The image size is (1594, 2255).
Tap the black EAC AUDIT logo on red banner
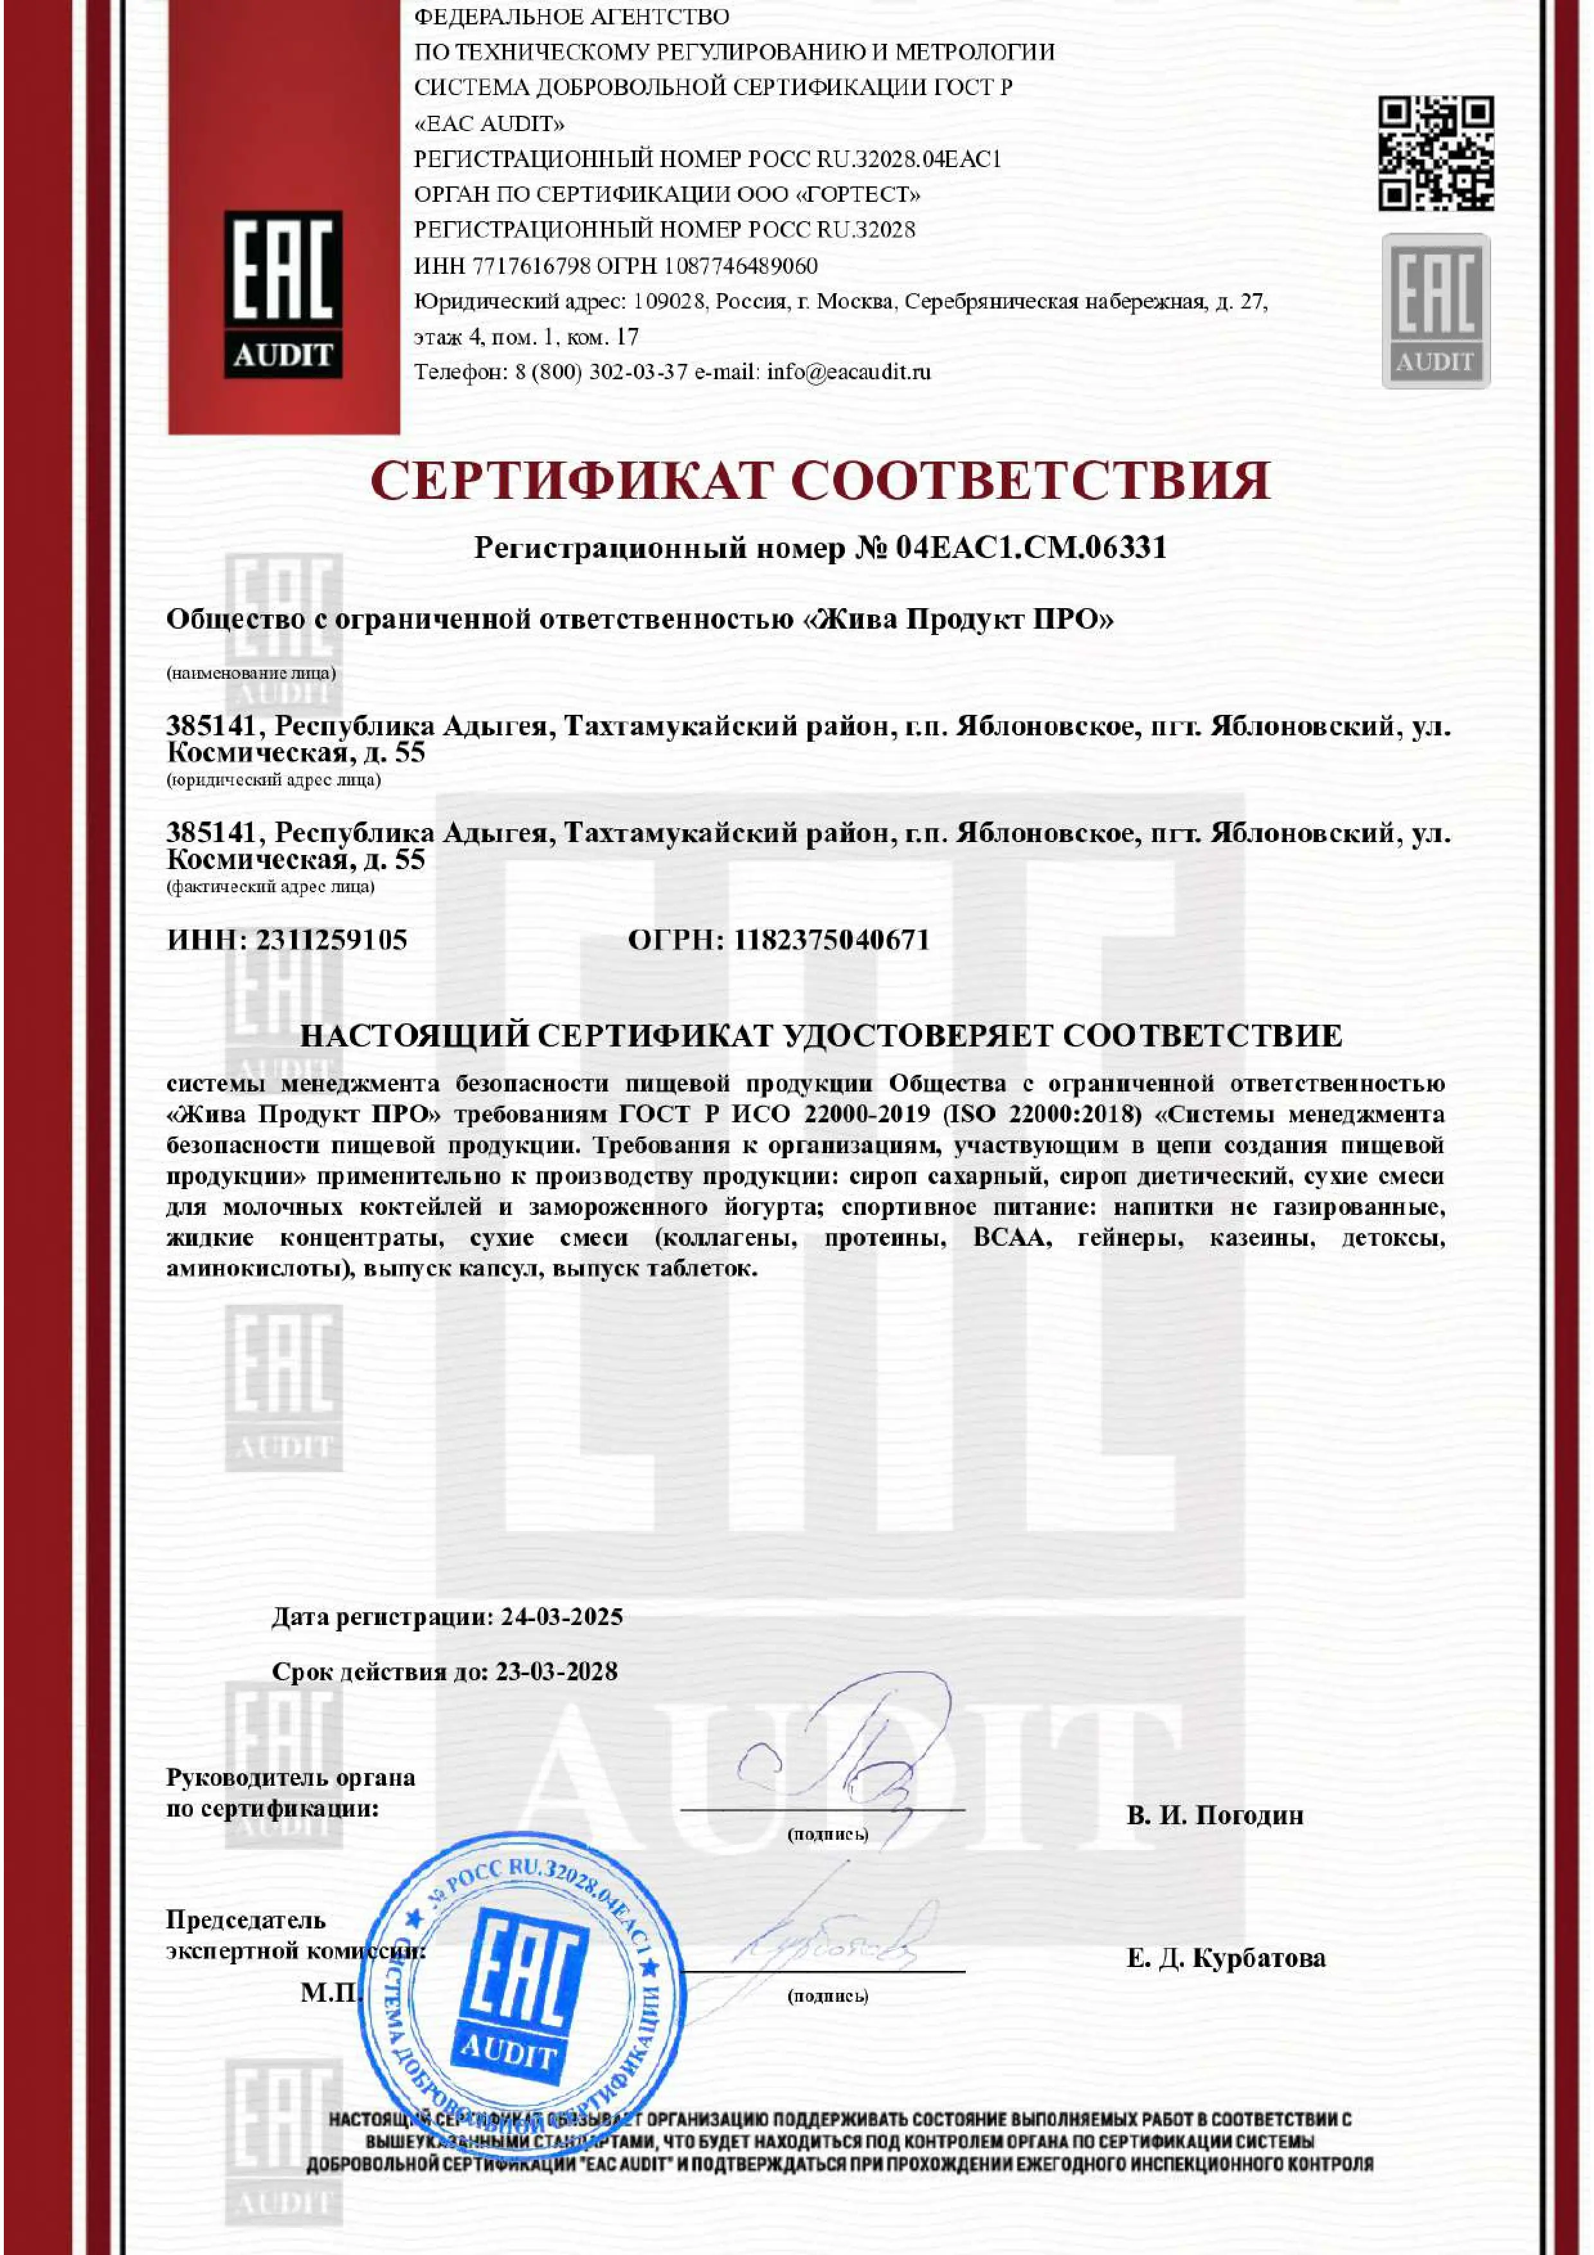coord(283,294)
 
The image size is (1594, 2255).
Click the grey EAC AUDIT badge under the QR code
coord(1435,310)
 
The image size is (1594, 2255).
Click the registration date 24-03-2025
coord(562,1617)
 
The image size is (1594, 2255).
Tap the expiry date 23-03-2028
coord(556,1671)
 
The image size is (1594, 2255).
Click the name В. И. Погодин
coord(1215,1815)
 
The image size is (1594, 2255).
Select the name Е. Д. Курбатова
coord(1226,1957)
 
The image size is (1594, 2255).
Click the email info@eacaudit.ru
coord(849,372)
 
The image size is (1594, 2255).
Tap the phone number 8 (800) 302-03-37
coord(601,372)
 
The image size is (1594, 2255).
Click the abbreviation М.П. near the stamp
coord(329,1993)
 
